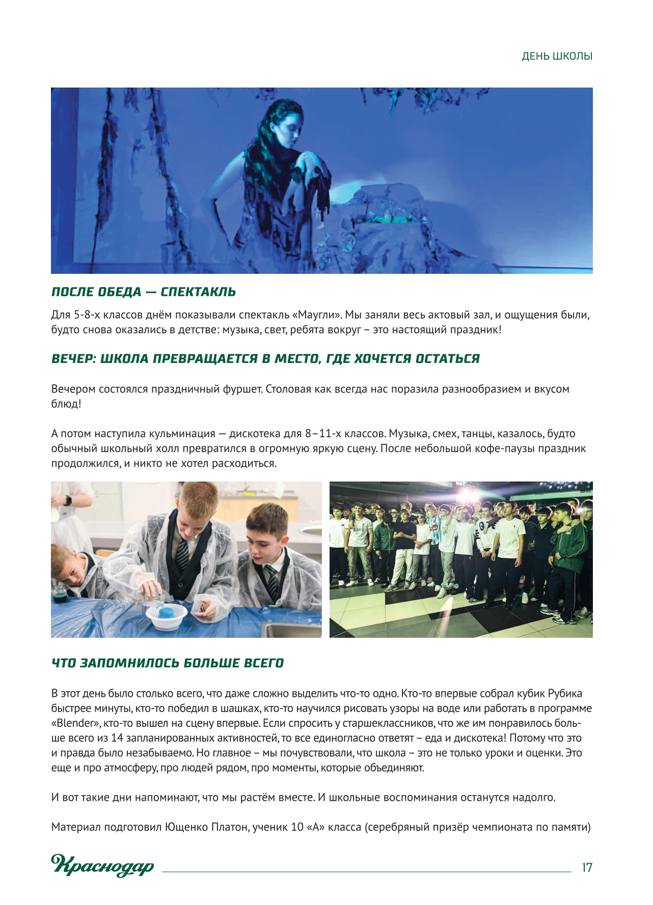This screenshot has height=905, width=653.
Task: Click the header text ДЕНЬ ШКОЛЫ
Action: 557,56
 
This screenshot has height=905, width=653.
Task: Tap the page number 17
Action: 587,868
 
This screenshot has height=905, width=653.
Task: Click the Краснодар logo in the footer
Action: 102,865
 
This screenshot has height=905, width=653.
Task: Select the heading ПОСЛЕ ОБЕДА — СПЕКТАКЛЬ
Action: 144,292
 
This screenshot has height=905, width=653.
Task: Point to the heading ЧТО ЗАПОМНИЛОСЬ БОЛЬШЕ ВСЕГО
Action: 168,663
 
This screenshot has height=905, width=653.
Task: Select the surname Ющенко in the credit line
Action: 186,827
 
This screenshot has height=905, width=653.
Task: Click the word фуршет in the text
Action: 242,389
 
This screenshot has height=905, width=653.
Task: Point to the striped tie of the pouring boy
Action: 181,554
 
